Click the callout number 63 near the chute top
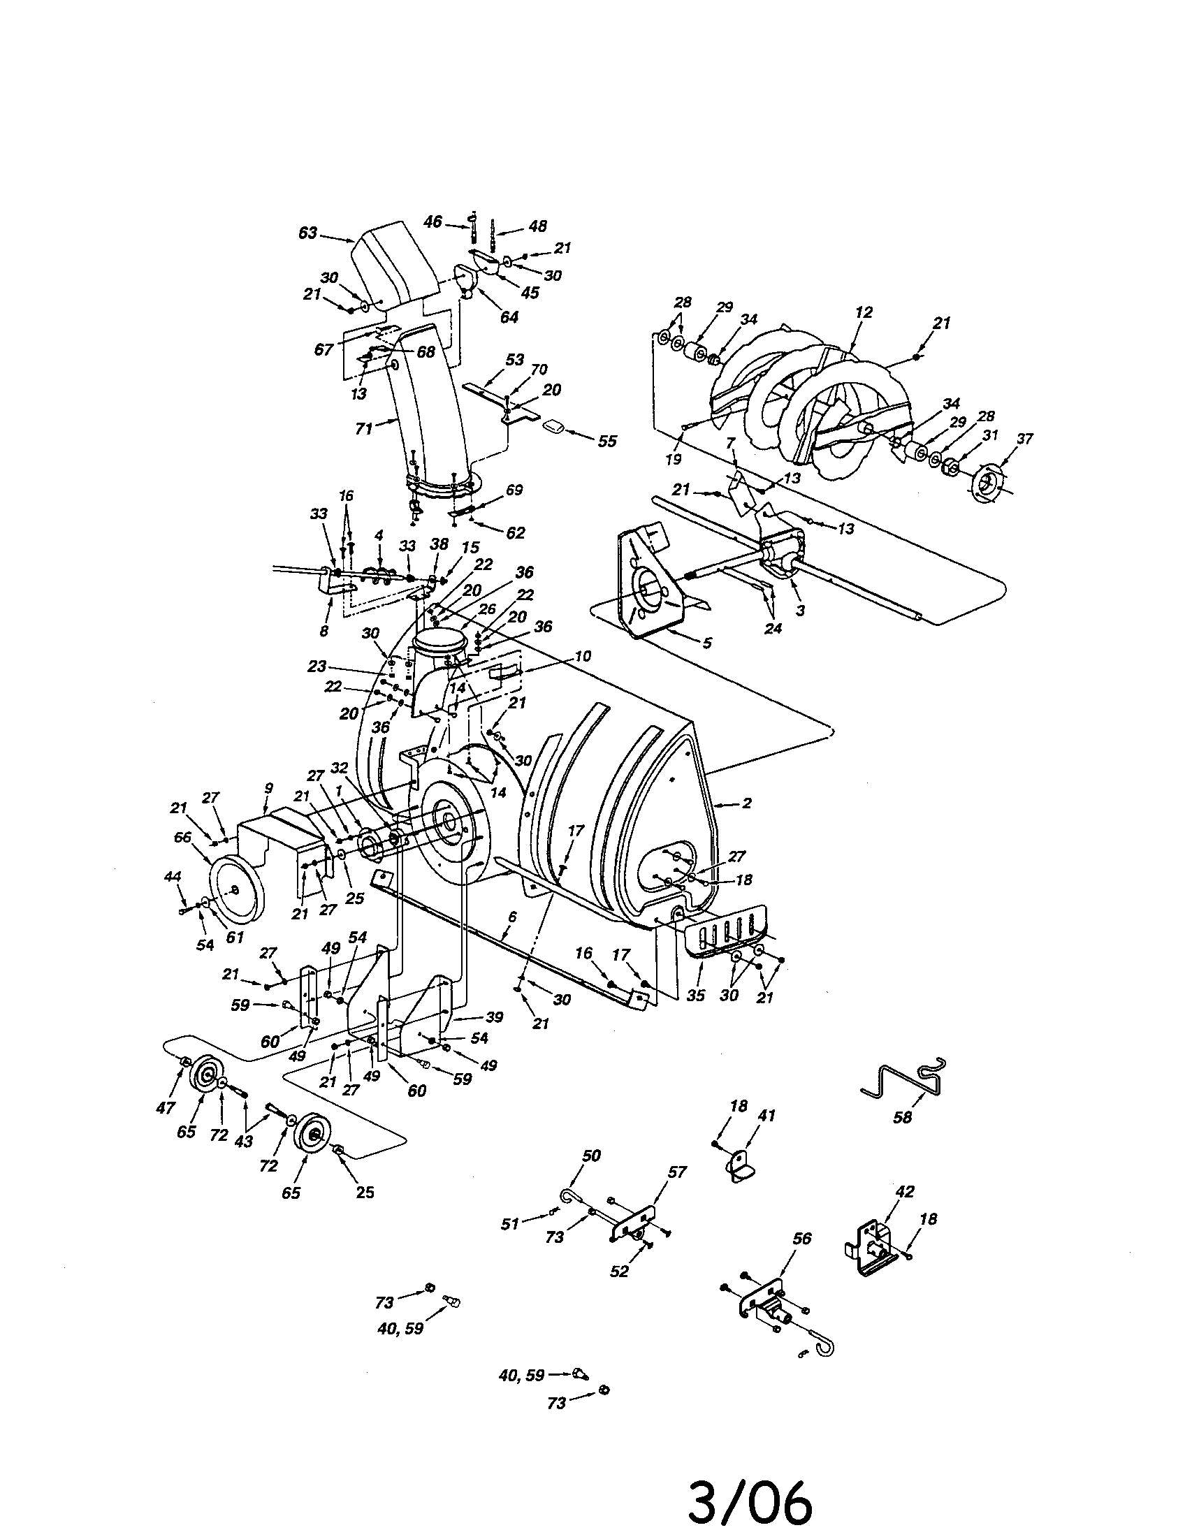pos(307,233)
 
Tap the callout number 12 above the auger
pos(864,312)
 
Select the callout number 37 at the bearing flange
pos(1024,439)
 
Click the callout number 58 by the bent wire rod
pos(902,1118)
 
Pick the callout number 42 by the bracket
pos(904,1191)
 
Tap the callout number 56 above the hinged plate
pos(801,1238)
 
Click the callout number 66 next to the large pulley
pos(183,837)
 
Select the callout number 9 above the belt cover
pos(268,789)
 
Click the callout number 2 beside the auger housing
pos(747,802)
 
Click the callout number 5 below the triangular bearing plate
pos(707,642)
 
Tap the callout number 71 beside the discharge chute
pos(364,427)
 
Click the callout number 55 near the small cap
pos(606,441)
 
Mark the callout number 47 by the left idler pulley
pos(166,1108)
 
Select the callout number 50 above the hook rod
pos(591,1156)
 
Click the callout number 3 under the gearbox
pos(799,609)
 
